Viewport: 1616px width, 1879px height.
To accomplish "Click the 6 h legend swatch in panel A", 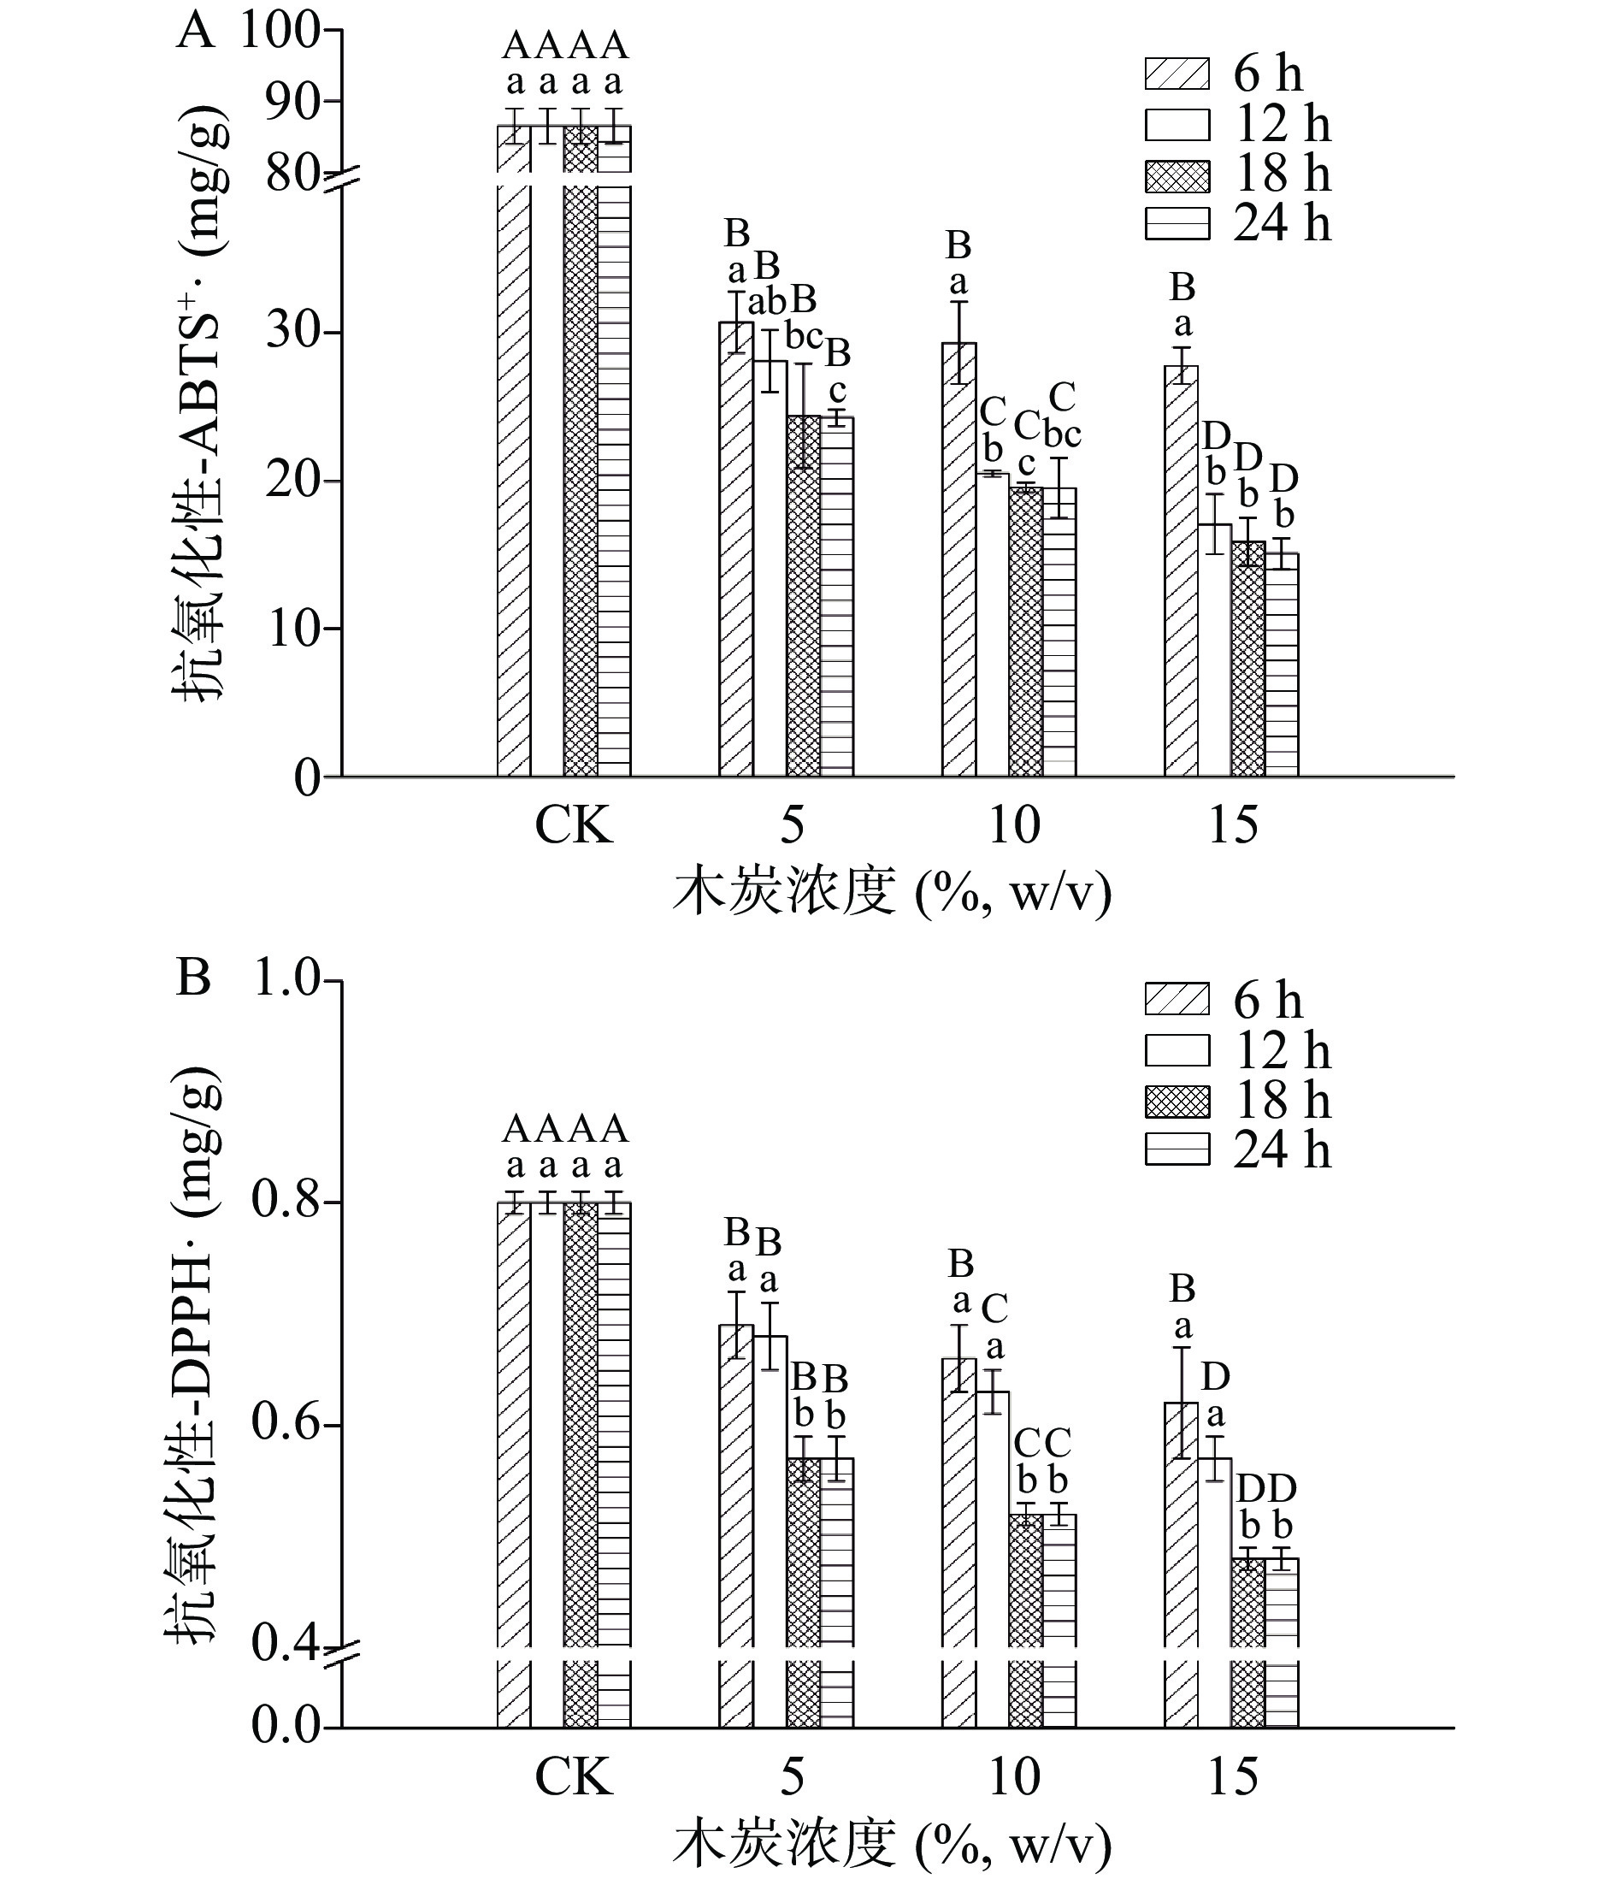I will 1177,74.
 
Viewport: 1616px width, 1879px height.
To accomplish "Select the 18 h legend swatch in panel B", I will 1177,1102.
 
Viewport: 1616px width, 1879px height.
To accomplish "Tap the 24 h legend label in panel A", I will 1282,223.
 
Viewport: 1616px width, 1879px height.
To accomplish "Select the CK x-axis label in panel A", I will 573,826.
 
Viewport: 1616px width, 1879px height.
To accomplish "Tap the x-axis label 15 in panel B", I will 1232,1776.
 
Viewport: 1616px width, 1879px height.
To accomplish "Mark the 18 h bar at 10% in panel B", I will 1026,1578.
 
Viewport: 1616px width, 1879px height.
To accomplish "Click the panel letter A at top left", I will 195,32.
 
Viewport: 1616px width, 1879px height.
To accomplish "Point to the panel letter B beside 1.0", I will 193,980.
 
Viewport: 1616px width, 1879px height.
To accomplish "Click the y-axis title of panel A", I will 201,403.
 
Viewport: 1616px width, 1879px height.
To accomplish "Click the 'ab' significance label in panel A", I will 769,302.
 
